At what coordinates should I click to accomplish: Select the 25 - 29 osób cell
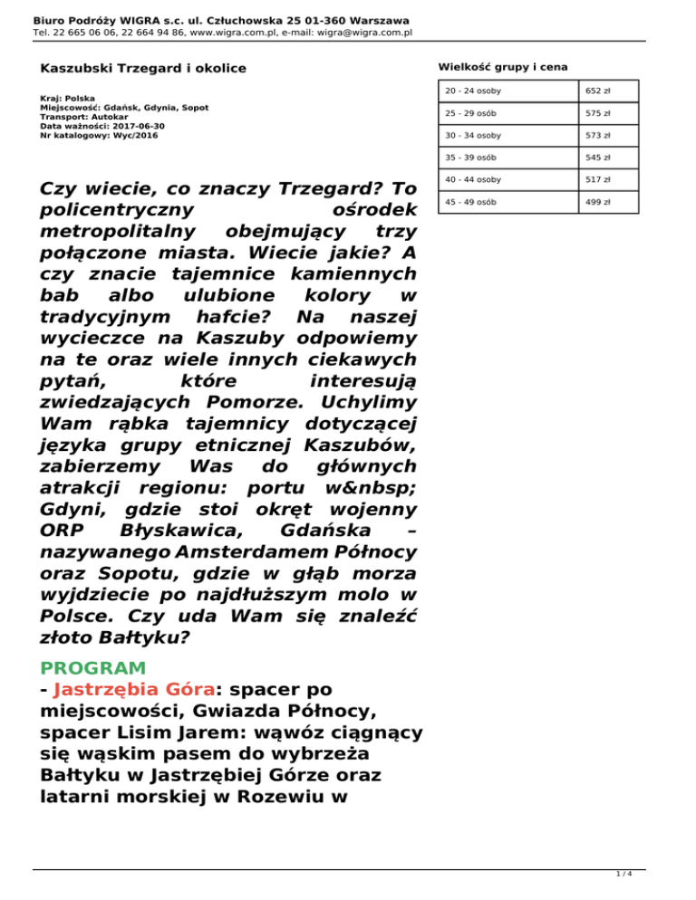pos(469,113)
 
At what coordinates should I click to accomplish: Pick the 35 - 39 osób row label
pos(470,158)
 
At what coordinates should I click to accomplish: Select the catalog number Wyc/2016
pos(126,135)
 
